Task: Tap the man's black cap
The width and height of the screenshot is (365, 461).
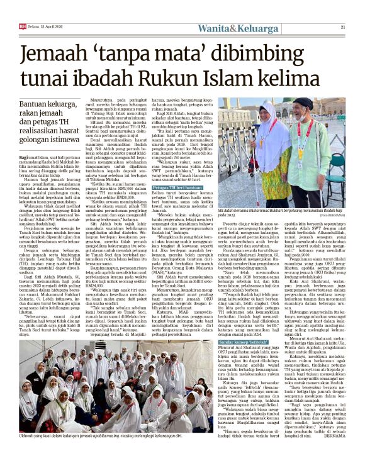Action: (305, 102)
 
